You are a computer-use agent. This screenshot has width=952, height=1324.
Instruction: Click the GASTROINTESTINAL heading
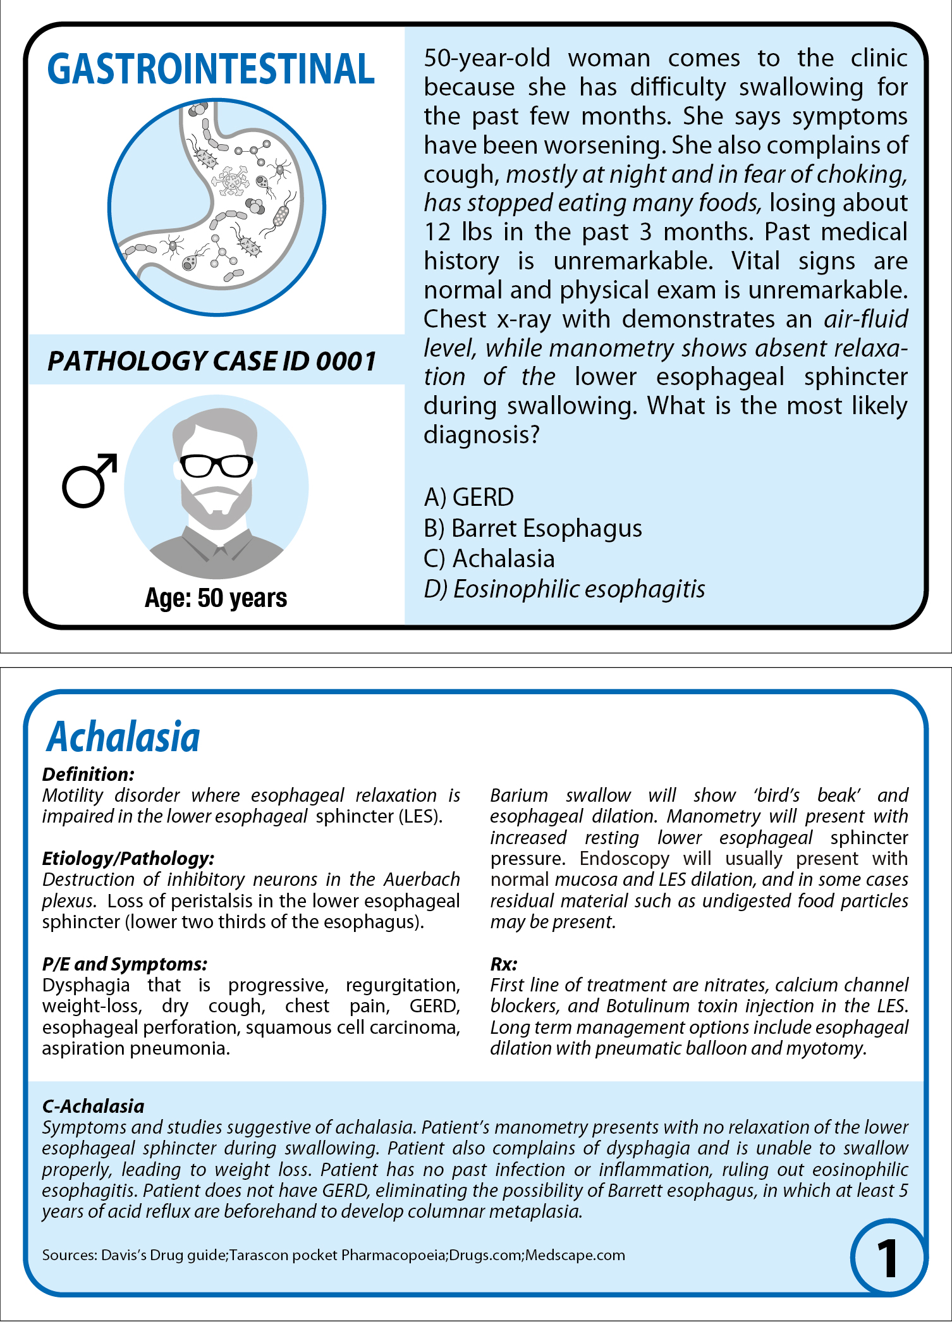tap(211, 69)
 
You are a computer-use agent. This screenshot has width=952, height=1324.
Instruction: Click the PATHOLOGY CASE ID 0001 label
tap(212, 361)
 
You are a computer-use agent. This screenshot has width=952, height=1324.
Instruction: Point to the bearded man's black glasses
tap(217, 466)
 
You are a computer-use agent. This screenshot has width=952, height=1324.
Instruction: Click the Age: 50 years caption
tap(216, 598)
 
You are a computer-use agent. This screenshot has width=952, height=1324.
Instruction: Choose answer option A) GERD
tap(468, 498)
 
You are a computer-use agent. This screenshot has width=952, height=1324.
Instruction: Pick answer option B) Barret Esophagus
tap(533, 528)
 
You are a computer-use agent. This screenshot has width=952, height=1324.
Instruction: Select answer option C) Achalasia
tap(489, 558)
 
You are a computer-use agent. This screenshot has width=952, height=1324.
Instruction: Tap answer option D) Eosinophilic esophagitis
tap(564, 589)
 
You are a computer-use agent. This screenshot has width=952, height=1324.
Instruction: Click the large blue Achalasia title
tap(124, 737)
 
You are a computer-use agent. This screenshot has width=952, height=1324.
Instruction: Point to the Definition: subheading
tap(88, 774)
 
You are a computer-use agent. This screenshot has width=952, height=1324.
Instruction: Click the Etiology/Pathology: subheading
tap(128, 858)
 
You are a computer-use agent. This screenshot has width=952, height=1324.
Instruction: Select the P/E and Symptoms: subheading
tap(125, 964)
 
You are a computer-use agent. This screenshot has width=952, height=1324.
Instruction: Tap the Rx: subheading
tap(504, 964)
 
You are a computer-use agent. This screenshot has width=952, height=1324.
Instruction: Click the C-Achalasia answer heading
tap(94, 1106)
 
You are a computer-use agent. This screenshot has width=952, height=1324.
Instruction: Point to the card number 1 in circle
tap(887, 1258)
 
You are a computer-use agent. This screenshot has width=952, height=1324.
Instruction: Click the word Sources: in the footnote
tap(69, 1255)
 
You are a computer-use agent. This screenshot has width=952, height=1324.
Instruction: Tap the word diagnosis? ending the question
tap(481, 434)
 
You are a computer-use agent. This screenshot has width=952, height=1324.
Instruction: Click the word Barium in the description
tap(519, 795)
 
